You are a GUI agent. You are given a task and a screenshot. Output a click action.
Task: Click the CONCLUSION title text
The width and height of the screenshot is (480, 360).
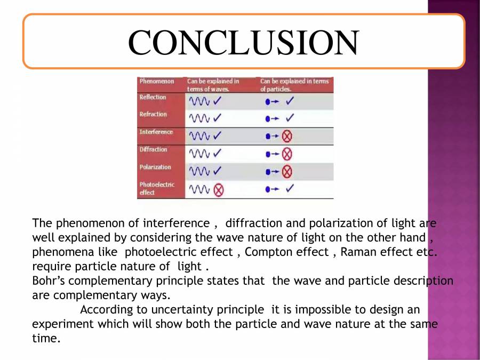point(243,42)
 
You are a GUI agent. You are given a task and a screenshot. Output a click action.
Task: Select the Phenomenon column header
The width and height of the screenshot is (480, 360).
point(157,82)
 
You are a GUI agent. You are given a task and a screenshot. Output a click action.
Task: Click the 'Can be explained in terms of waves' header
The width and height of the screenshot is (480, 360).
point(213,85)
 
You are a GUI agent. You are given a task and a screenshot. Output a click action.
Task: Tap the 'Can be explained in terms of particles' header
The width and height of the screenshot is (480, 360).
point(294,85)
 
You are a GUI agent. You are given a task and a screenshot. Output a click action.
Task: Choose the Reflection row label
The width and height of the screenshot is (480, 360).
point(153,98)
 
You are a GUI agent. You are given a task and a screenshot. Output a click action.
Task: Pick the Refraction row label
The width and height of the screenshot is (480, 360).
point(153,115)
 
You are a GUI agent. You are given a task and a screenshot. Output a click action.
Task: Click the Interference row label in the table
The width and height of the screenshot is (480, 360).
point(156,132)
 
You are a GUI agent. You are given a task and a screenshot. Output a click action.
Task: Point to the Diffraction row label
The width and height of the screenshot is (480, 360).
point(154,150)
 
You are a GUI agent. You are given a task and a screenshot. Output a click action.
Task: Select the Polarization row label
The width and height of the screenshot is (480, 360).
point(155,167)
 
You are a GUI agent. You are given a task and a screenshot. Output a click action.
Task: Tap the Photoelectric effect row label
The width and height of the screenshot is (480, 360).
point(157,188)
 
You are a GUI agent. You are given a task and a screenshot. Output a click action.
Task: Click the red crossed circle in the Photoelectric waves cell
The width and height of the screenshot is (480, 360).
point(218,189)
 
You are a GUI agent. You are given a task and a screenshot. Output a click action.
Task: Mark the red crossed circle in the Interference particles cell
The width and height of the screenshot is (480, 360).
point(287,137)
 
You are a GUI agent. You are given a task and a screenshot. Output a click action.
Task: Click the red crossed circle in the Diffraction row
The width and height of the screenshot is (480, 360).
point(287,154)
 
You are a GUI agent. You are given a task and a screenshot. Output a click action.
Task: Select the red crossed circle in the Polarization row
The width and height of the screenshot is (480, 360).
point(287,172)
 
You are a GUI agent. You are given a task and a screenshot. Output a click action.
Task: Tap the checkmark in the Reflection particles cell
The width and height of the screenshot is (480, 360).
point(290,101)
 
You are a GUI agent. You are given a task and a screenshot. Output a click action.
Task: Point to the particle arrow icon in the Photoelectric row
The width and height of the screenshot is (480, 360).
point(272,189)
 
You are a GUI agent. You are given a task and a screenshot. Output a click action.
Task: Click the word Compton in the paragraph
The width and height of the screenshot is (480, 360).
point(267,252)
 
